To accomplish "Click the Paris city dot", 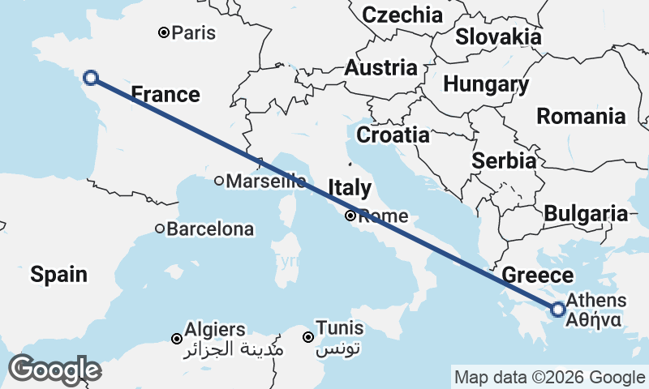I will pyautogui.click(x=164, y=33).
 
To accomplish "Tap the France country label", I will pyautogui.click(x=165, y=95).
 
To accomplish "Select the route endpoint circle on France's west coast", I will pyautogui.click(x=91, y=78).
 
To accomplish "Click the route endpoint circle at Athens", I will pyautogui.click(x=558, y=309).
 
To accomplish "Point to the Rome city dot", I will pyautogui.click(x=350, y=216).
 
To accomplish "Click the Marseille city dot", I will pyautogui.click(x=219, y=182).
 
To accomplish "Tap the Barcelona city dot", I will pyautogui.click(x=160, y=229).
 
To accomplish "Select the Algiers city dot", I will pyautogui.click(x=177, y=338).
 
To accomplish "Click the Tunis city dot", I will pyautogui.click(x=308, y=337).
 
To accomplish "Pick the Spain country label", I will pyautogui.click(x=59, y=275).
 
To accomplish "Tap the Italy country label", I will pyautogui.click(x=350, y=189).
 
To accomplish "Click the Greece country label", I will pyautogui.click(x=538, y=276).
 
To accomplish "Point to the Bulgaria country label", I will pyautogui.click(x=586, y=214).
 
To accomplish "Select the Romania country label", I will pyautogui.click(x=592, y=116).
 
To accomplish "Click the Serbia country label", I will pyautogui.click(x=504, y=160).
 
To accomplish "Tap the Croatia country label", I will pyautogui.click(x=393, y=135).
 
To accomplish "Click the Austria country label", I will pyautogui.click(x=380, y=69).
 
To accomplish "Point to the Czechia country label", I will pyautogui.click(x=402, y=15).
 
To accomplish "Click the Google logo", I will pyautogui.click(x=54, y=370).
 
